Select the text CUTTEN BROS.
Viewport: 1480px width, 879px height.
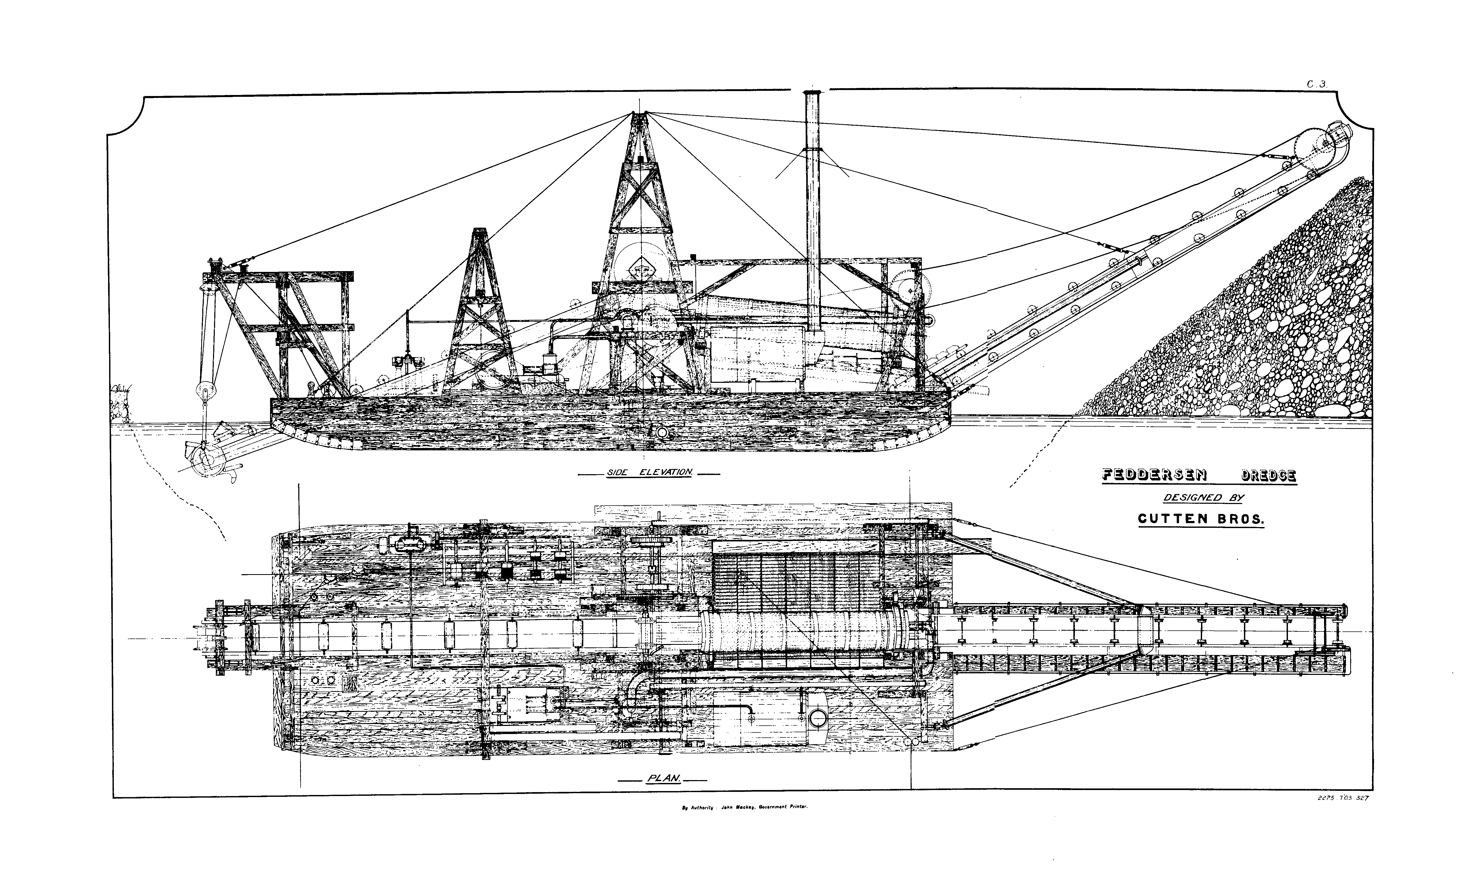1201,519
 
